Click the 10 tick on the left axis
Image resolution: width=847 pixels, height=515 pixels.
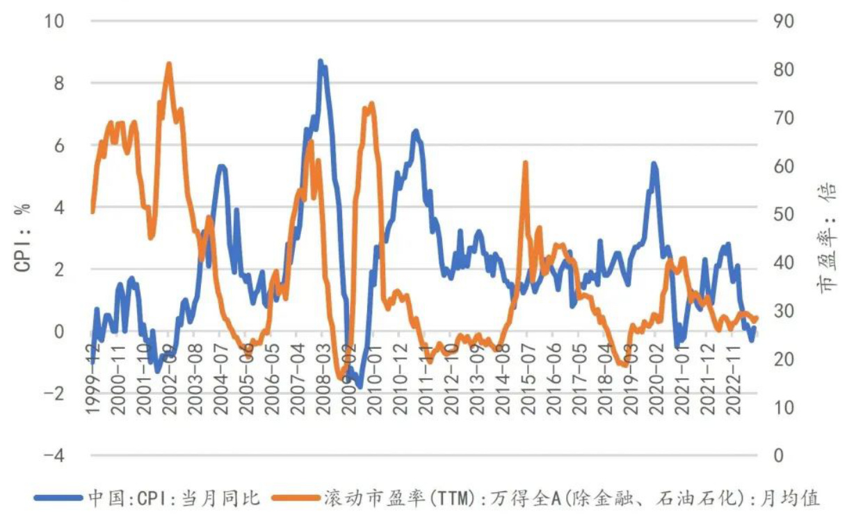click(54, 22)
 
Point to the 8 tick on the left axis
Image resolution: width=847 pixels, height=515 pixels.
click(58, 83)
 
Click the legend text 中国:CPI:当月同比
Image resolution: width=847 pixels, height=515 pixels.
click(173, 498)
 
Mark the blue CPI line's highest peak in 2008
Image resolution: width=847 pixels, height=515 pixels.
click(320, 61)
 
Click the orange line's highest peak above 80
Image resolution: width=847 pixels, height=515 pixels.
click(169, 64)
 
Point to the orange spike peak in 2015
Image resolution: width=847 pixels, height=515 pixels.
click(526, 163)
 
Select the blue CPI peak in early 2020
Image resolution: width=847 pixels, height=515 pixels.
click(654, 164)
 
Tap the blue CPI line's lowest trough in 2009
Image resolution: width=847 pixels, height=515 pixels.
click(360, 386)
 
